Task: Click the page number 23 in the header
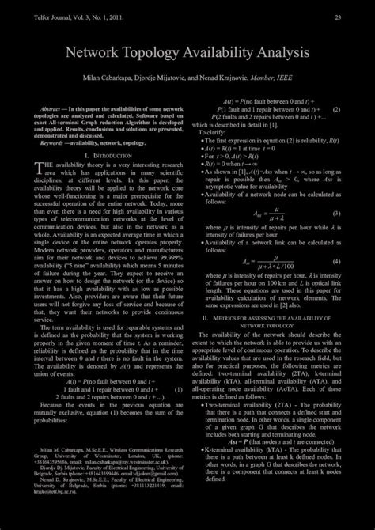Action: [x=338, y=18]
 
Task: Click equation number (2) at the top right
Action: [x=336, y=109]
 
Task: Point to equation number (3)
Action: [x=335, y=214]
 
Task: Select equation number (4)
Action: [x=335, y=261]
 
